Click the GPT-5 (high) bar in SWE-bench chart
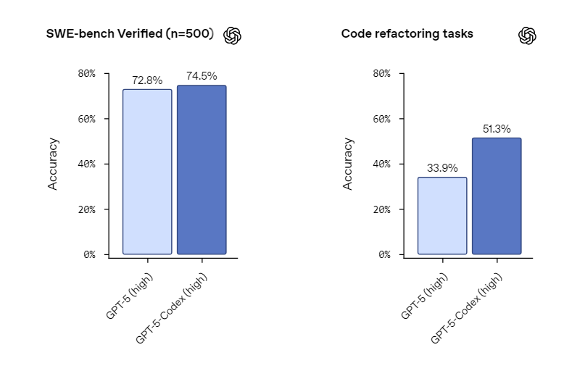click(x=147, y=172)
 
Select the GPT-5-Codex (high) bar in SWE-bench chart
click(x=202, y=170)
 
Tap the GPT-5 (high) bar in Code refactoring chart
click(x=442, y=216)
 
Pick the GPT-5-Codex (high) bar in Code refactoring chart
click(x=497, y=196)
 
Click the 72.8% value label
click(x=147, y=80)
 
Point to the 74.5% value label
click(x=202, y=76)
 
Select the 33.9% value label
click(x=442, y=168)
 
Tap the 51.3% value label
click(x=497, y=129)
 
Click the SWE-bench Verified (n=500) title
click(x=130, y=34)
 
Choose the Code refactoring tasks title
click(x=407, y=34)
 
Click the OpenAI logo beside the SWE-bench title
click(x=233, y=36)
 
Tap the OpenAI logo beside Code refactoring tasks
click(x=527, y=36)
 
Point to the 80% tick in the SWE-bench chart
click(x=87, y=73)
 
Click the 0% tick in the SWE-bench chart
click(x=89, y=254)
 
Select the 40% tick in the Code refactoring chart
click(x=381, y=164)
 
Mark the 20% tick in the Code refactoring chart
click(x=381, y=209)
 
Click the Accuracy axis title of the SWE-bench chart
click(x=53, y=164)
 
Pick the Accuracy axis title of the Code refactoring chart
click(x=348, y=164)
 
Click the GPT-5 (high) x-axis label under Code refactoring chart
click(x=425, y=297)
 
